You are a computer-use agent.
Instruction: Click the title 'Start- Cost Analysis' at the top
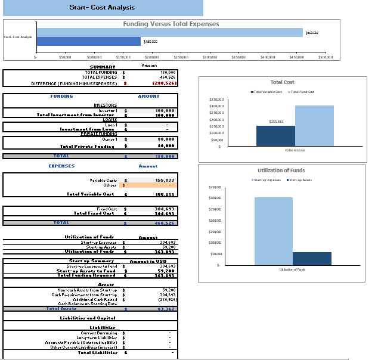[x=102, y=8]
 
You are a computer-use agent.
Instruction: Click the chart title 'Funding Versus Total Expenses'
[x=171, y=24]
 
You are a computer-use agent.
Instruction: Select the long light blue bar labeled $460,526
[x=169, y=33]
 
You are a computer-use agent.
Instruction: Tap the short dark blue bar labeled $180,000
[x=89, y=42]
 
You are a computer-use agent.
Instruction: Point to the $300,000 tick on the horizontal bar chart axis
[x=210, y=57]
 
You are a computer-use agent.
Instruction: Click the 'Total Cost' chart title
[x=282, y=82]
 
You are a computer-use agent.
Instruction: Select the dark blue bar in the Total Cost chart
[x=275, y=135]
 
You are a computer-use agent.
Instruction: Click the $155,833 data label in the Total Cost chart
[x=276, y=122]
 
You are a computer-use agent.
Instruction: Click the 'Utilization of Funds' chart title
[x=282, y=170]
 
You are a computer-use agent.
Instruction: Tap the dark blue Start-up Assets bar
[x=312, y=259]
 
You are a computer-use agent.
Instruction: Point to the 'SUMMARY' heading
[x=102, y=67]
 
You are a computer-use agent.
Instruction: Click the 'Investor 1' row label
[x=108, y=111]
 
